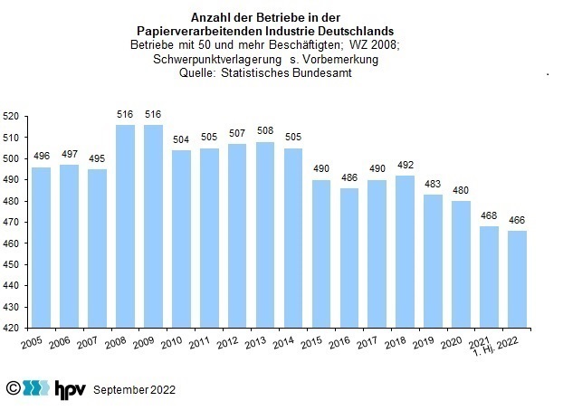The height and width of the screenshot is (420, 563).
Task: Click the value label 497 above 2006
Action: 70,155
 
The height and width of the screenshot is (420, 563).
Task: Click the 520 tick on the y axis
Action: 11,117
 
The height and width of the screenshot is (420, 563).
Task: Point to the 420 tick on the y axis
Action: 11,328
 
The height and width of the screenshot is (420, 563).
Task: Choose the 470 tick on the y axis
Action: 11,223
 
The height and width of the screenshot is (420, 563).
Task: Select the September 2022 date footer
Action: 135,390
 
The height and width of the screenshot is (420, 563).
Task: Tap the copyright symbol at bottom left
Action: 13,388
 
